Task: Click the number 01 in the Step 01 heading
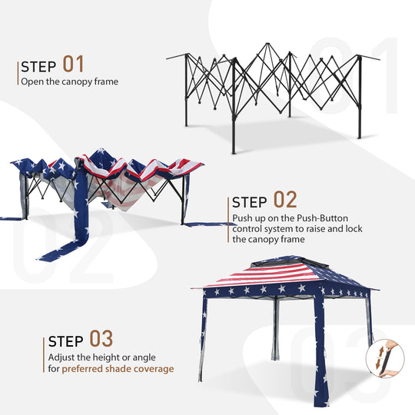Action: [73, 64]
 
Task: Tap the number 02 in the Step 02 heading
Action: [285, 201]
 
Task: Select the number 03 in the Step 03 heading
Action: [101, 339]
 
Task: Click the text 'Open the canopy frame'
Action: [69, 81]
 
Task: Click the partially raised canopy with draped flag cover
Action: [108, 184]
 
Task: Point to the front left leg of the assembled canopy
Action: [203, 338]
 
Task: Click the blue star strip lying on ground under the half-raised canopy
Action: [69, 246]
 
